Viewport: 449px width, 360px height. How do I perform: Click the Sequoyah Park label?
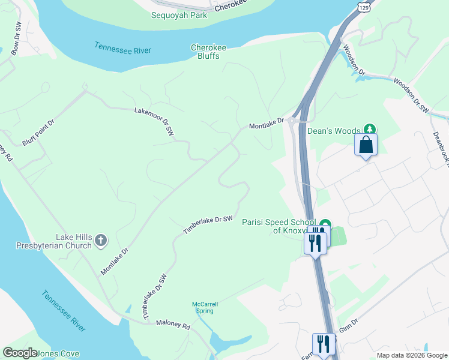(x=179, y=15)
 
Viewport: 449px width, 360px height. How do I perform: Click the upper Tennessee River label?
(x=123, y=49)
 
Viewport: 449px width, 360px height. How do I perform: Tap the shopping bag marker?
(x=366, y=145)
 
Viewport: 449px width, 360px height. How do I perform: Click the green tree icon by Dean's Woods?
(x=370, y=129)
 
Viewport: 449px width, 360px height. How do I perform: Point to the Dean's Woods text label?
(x=333, y=130)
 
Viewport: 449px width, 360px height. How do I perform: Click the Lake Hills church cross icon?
(x=101, y=241)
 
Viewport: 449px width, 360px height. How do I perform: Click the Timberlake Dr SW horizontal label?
(x=207, y=225)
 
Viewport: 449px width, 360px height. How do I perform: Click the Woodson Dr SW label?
(x=412, y=95)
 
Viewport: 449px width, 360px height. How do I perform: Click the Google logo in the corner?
(x=20, y=353)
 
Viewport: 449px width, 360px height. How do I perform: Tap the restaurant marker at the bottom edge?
(x=324, y=344)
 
